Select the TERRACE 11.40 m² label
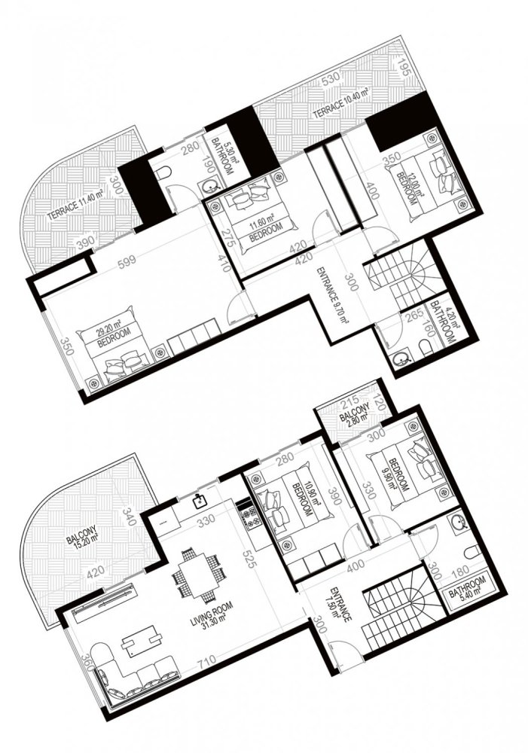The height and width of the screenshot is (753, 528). click(x=73, y=201)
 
